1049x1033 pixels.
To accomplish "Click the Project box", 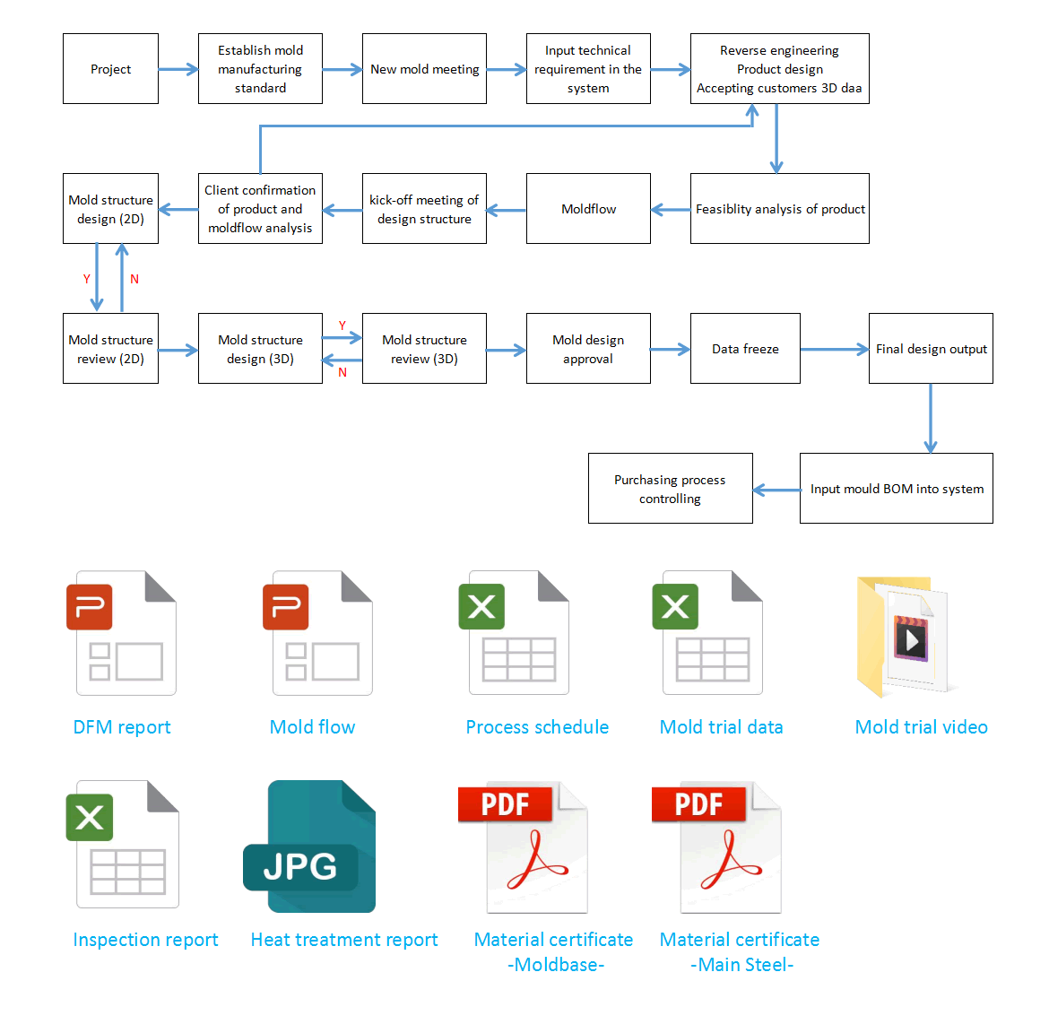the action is pyautogui.click(x=110, y=69).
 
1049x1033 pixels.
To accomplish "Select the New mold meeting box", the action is pyautogui.click(x=424, y=69).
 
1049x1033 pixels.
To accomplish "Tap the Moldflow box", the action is pyautogui.click(x=588, y=209).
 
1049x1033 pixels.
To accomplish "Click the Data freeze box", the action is pyautogui.click(x=745, y=349).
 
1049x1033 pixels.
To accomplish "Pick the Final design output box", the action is pyautogui.click(x=931, y=349).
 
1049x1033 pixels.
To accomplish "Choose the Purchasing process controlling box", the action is pyautogui.click(x=671, y=489).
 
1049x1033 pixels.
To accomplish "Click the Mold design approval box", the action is pyautogui.click(x=588, y=349).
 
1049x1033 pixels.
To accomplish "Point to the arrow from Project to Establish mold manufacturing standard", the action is pyautogui.click(x=178, y=69).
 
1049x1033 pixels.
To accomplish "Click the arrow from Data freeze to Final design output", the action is pyautogui.click(x=834, y=349).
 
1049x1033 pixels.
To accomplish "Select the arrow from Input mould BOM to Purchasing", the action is pyautogui.click(x=776, y=490).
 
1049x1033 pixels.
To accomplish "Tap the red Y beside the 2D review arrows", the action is pyautogui.click(x=86, y=279).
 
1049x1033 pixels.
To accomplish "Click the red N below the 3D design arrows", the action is pyautogui.click(x=342, y=373).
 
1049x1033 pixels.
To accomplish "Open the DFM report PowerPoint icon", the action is pyautogui.click(x=122, y=633).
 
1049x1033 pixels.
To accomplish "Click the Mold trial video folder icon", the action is pyautogui.click(x=903, y=637).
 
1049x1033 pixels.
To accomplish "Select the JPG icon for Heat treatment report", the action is pyautogui.click(x=309, y=846).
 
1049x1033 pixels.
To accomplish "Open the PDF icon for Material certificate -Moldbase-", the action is pyautogui.click(x=524, y=847).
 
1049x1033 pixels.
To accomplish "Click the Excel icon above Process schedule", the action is pyautogui.click(x=514, y=633).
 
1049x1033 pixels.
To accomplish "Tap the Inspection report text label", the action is pyautogui.click(x=145, y=940).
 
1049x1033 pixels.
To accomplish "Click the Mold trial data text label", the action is pyautogui.click(x=721, y=727).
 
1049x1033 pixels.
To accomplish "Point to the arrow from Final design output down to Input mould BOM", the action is pyautogui.click(x=931, y=418).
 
